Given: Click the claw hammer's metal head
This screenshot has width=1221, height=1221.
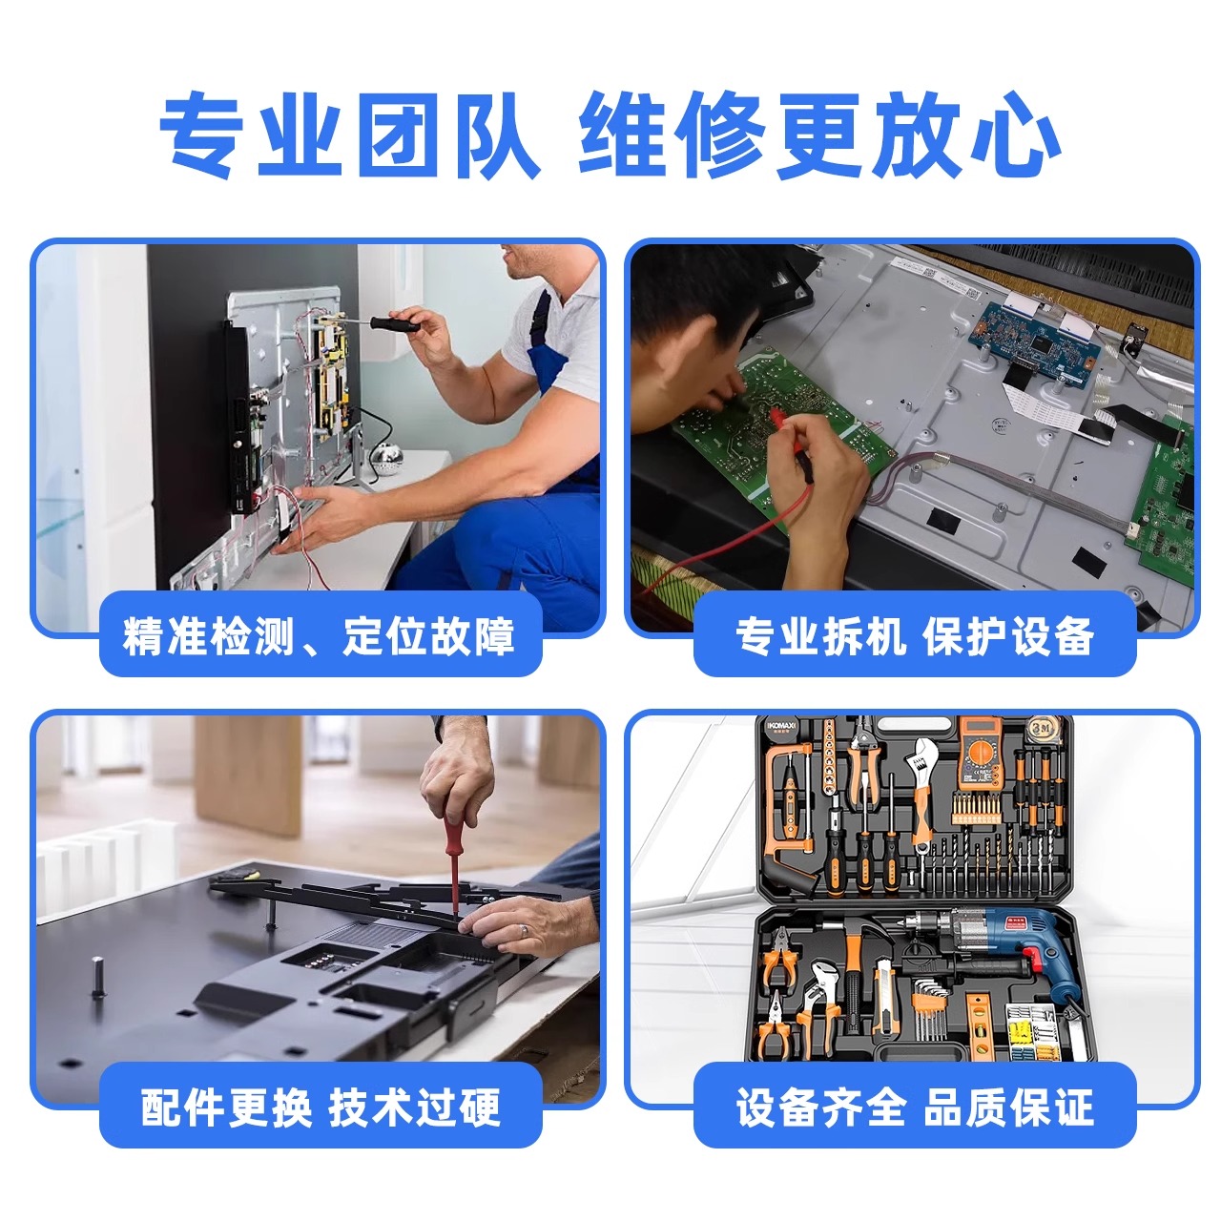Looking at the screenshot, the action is [x=869, y=929].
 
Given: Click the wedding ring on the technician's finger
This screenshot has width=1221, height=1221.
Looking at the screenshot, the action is [x=523, y=929].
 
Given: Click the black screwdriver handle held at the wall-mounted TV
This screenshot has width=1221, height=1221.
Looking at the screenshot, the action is [x=394, y=323].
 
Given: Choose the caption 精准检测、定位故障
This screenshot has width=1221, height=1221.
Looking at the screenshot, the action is [x=319, y=636].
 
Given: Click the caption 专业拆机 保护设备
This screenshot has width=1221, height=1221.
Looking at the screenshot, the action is [x=915, y=636].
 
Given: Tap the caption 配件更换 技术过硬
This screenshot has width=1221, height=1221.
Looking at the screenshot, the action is [x=321, y=1107].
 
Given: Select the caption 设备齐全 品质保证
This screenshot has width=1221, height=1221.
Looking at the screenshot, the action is [x=915, y=1107].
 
